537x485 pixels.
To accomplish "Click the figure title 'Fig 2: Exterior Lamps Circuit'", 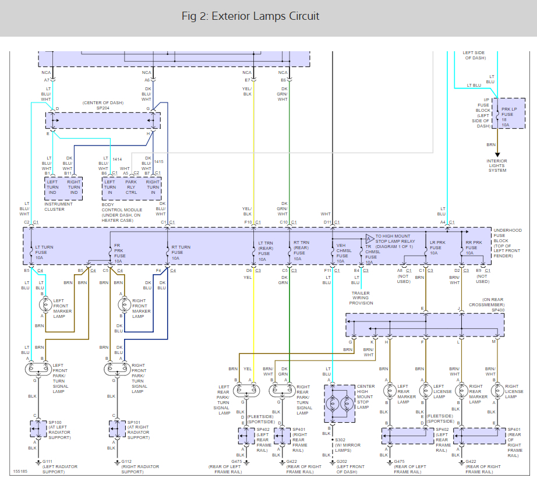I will (250, 16).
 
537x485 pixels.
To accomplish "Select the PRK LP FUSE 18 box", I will (504, 112).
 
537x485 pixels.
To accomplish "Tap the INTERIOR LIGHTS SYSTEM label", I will (497, 165).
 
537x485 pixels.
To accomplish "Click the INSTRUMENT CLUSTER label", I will (59, 207).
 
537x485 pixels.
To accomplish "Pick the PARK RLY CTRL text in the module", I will (131, 187).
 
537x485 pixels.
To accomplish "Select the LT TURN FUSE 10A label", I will (44, 252).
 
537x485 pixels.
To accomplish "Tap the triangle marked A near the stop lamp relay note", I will (369, 239).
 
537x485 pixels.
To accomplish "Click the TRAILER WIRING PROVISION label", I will (361, 298).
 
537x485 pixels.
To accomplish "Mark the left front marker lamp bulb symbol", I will (45, 304).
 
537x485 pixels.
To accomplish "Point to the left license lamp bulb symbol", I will (424, 391).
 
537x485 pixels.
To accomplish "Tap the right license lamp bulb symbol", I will (497, 391).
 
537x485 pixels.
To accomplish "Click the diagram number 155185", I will (20, 471).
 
